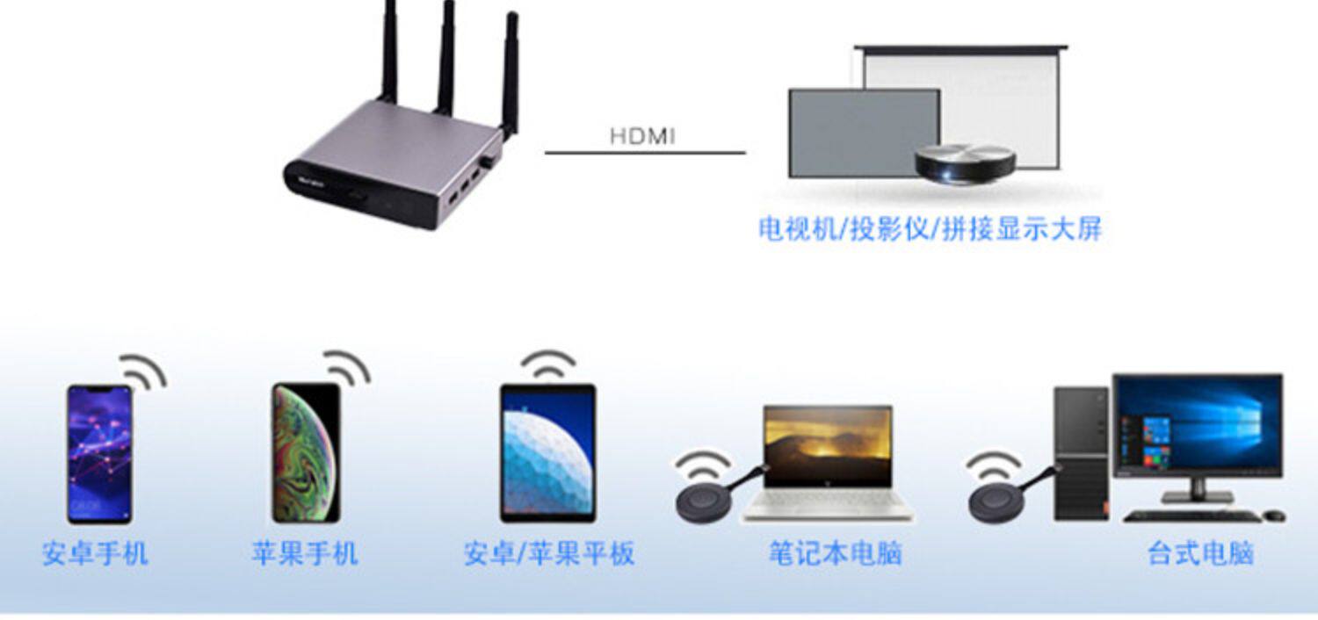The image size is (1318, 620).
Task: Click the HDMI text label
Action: [642, 136]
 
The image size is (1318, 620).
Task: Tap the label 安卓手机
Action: [95, 554]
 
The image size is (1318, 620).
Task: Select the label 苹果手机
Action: [305, 554]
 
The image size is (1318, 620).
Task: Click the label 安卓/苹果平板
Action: [549, 554]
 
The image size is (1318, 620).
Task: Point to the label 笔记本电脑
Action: [835, 554]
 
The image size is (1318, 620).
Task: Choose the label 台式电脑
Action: [1200, 554]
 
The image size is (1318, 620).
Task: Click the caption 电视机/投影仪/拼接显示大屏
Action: [930, 230]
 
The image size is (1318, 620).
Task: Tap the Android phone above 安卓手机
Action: [99, 454]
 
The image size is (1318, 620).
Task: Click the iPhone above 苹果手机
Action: [306, 453]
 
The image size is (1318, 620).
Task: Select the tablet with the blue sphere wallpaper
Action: [547, 453]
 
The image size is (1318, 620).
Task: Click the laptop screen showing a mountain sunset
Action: [828, 447]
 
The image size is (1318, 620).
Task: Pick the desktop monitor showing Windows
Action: [1197, 425]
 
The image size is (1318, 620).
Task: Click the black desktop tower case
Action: [1082, 454]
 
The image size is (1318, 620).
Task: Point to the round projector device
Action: [965, 163]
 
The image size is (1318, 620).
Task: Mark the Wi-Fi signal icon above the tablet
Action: [548, 364]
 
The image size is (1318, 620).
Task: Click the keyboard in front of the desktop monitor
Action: [1191, 515]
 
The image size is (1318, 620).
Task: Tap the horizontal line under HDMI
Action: [645, 153]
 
